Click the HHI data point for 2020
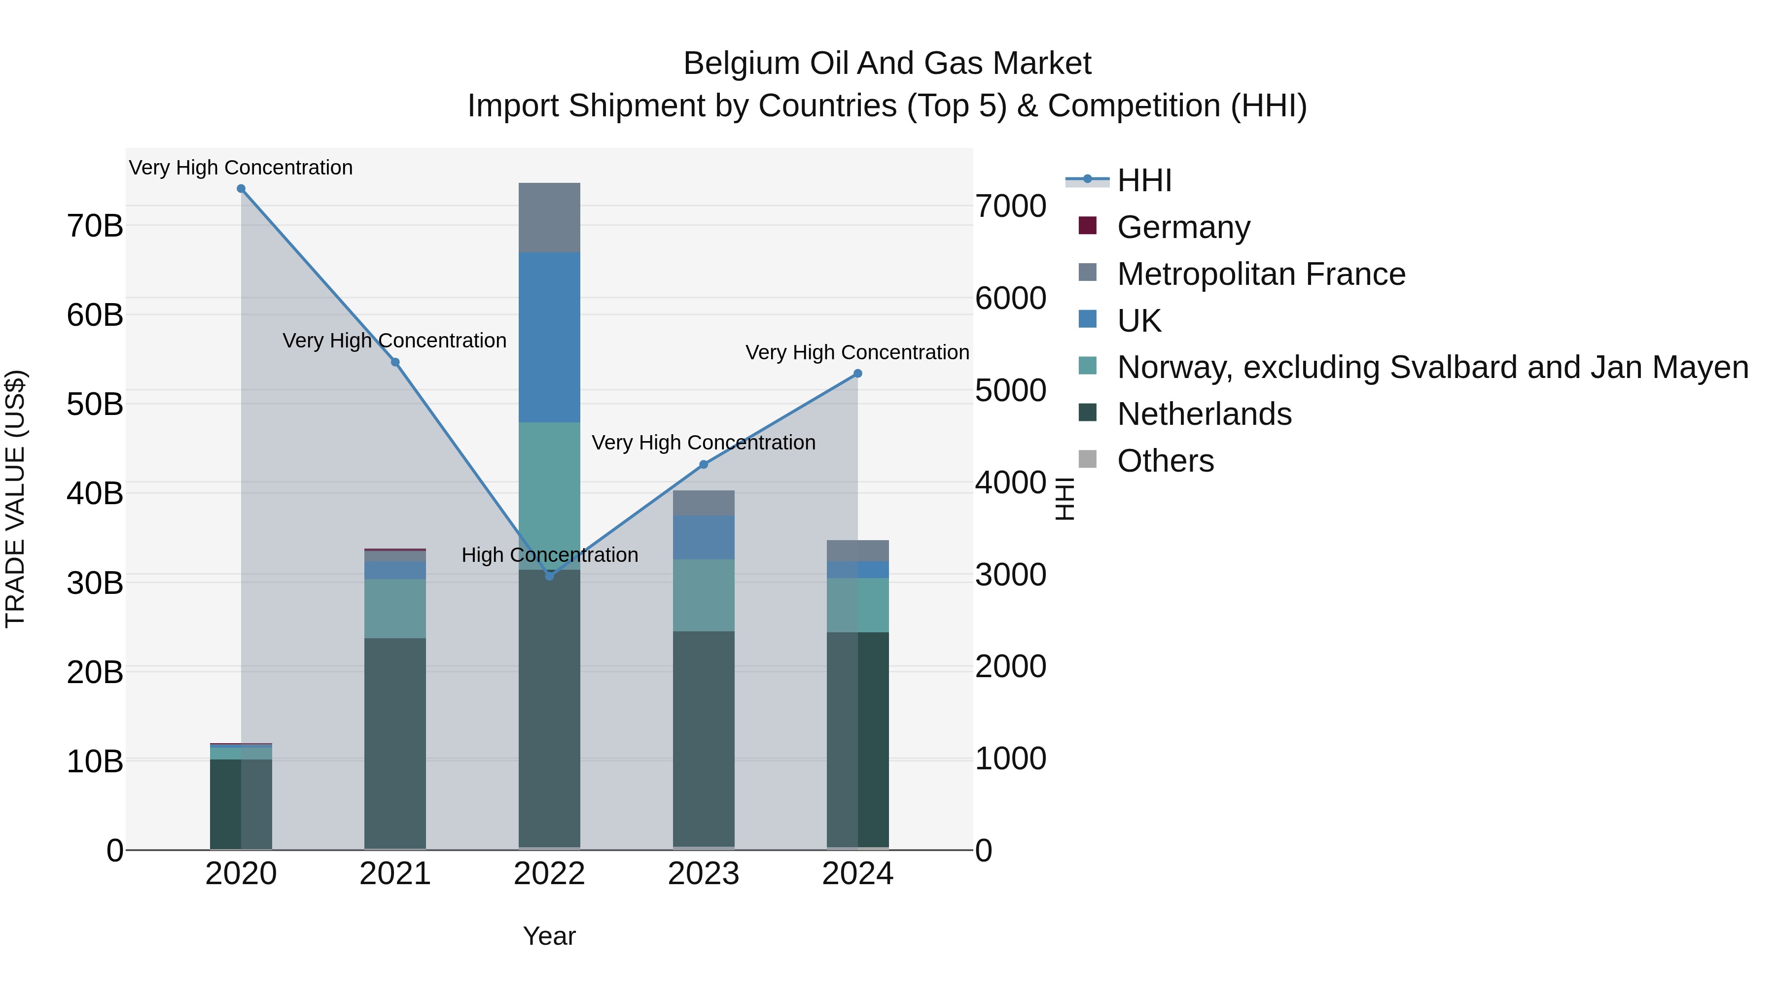[241, 189]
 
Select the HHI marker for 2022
[549, 576]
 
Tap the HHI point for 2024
[858, 373]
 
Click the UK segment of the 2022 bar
[549, 338]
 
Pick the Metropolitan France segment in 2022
[549, 218]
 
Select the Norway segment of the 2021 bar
[395, 608]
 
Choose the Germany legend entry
[1183, 227]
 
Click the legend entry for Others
[1165, 461]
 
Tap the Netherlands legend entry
[1204, 414]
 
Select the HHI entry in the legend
[1144, 180]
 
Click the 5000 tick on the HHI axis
[1011, 390]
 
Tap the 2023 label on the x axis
[704, 874]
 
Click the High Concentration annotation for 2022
[550, 554]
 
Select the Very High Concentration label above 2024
[857, 353]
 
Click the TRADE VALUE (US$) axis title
[15, 499]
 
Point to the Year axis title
[549, 936]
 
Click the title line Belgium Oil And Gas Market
[887, 64]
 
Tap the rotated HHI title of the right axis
[1065, 499]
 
